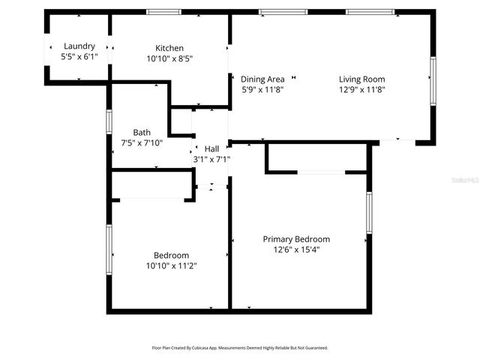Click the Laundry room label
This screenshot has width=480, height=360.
click(x=79, y=46)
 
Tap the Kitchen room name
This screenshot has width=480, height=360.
click(x=169, y=48)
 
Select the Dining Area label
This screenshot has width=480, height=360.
click(x=262, y=79)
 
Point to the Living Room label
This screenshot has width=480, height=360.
click(x=361, y=79)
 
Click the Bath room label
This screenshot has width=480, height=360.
click(x=142, y=132)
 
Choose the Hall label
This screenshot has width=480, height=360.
click(x=211, y=148)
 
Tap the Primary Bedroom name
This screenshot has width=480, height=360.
click(x=296, y=239)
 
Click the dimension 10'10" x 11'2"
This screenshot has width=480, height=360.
click(x=171, y=265)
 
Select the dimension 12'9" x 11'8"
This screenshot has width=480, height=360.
click(x=361, y=89)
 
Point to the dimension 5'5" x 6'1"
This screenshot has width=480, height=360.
click(x=79, y=56)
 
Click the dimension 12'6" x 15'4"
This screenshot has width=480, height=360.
click(x=296, y=250)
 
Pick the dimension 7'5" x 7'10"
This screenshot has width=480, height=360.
click(x=142, y=142)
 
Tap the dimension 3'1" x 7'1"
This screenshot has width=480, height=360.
click(x=211, y=159)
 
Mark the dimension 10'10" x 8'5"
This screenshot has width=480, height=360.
click(x=169, y=58)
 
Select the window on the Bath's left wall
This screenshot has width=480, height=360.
click(x=109, y=121)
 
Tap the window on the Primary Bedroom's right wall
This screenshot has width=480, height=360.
click(x=369, y=212)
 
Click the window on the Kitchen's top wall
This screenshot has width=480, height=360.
click(x=163, y=12)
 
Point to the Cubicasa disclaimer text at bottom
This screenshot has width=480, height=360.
click(x=239, y=348)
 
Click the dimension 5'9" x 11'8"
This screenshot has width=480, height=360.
click(x=262, y=89)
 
